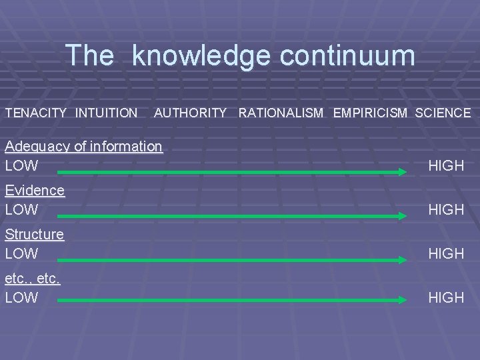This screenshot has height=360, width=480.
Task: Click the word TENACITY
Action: pyautogui.click(x=36, y=113)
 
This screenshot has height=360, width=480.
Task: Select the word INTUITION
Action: pyautogui.click(x=107, y=113)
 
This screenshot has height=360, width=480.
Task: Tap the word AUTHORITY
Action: pyautogui.click(x=190, y=113)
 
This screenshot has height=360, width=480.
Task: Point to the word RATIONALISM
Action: pyautogui.click(x=281, y=113)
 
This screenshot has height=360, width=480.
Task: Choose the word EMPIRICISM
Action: pyautogui.click(x=370, y=113)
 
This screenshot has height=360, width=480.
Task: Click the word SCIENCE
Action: pyautogui.click(x=443, y=113)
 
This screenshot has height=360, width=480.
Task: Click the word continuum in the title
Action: pyautogui.click(x=347, y=56)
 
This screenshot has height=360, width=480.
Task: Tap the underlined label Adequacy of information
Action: pyautogui.click(x=83, y=146)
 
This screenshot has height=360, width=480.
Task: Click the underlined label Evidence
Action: pyautogui.click(x=35, y=190)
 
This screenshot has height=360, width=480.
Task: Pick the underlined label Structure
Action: pyautogui.click(x=35, y=234)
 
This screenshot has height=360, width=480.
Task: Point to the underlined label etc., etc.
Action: pyautogui.click(x=33, y=279)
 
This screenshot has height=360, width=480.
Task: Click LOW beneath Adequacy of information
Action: pyautogui.click(x=21, y=165)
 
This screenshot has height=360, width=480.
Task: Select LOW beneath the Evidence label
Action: pyautogui.click(x=21, y=209)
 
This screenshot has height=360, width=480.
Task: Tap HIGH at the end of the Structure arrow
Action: pyautogui.click(x=446, y=253)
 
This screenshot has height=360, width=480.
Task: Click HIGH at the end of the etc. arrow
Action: pyautogui.click(x=446, y=297)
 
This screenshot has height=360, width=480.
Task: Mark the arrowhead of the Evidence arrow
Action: pyautogui.click(x=402, y=216)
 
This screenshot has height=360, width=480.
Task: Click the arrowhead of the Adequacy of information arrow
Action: pyautogui.click(x=402, y=172)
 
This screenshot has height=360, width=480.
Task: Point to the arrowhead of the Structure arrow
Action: pyautogui.click(x=402, y=260)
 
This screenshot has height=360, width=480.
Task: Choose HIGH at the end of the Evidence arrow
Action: pyautogui.click(x=446, y=209)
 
